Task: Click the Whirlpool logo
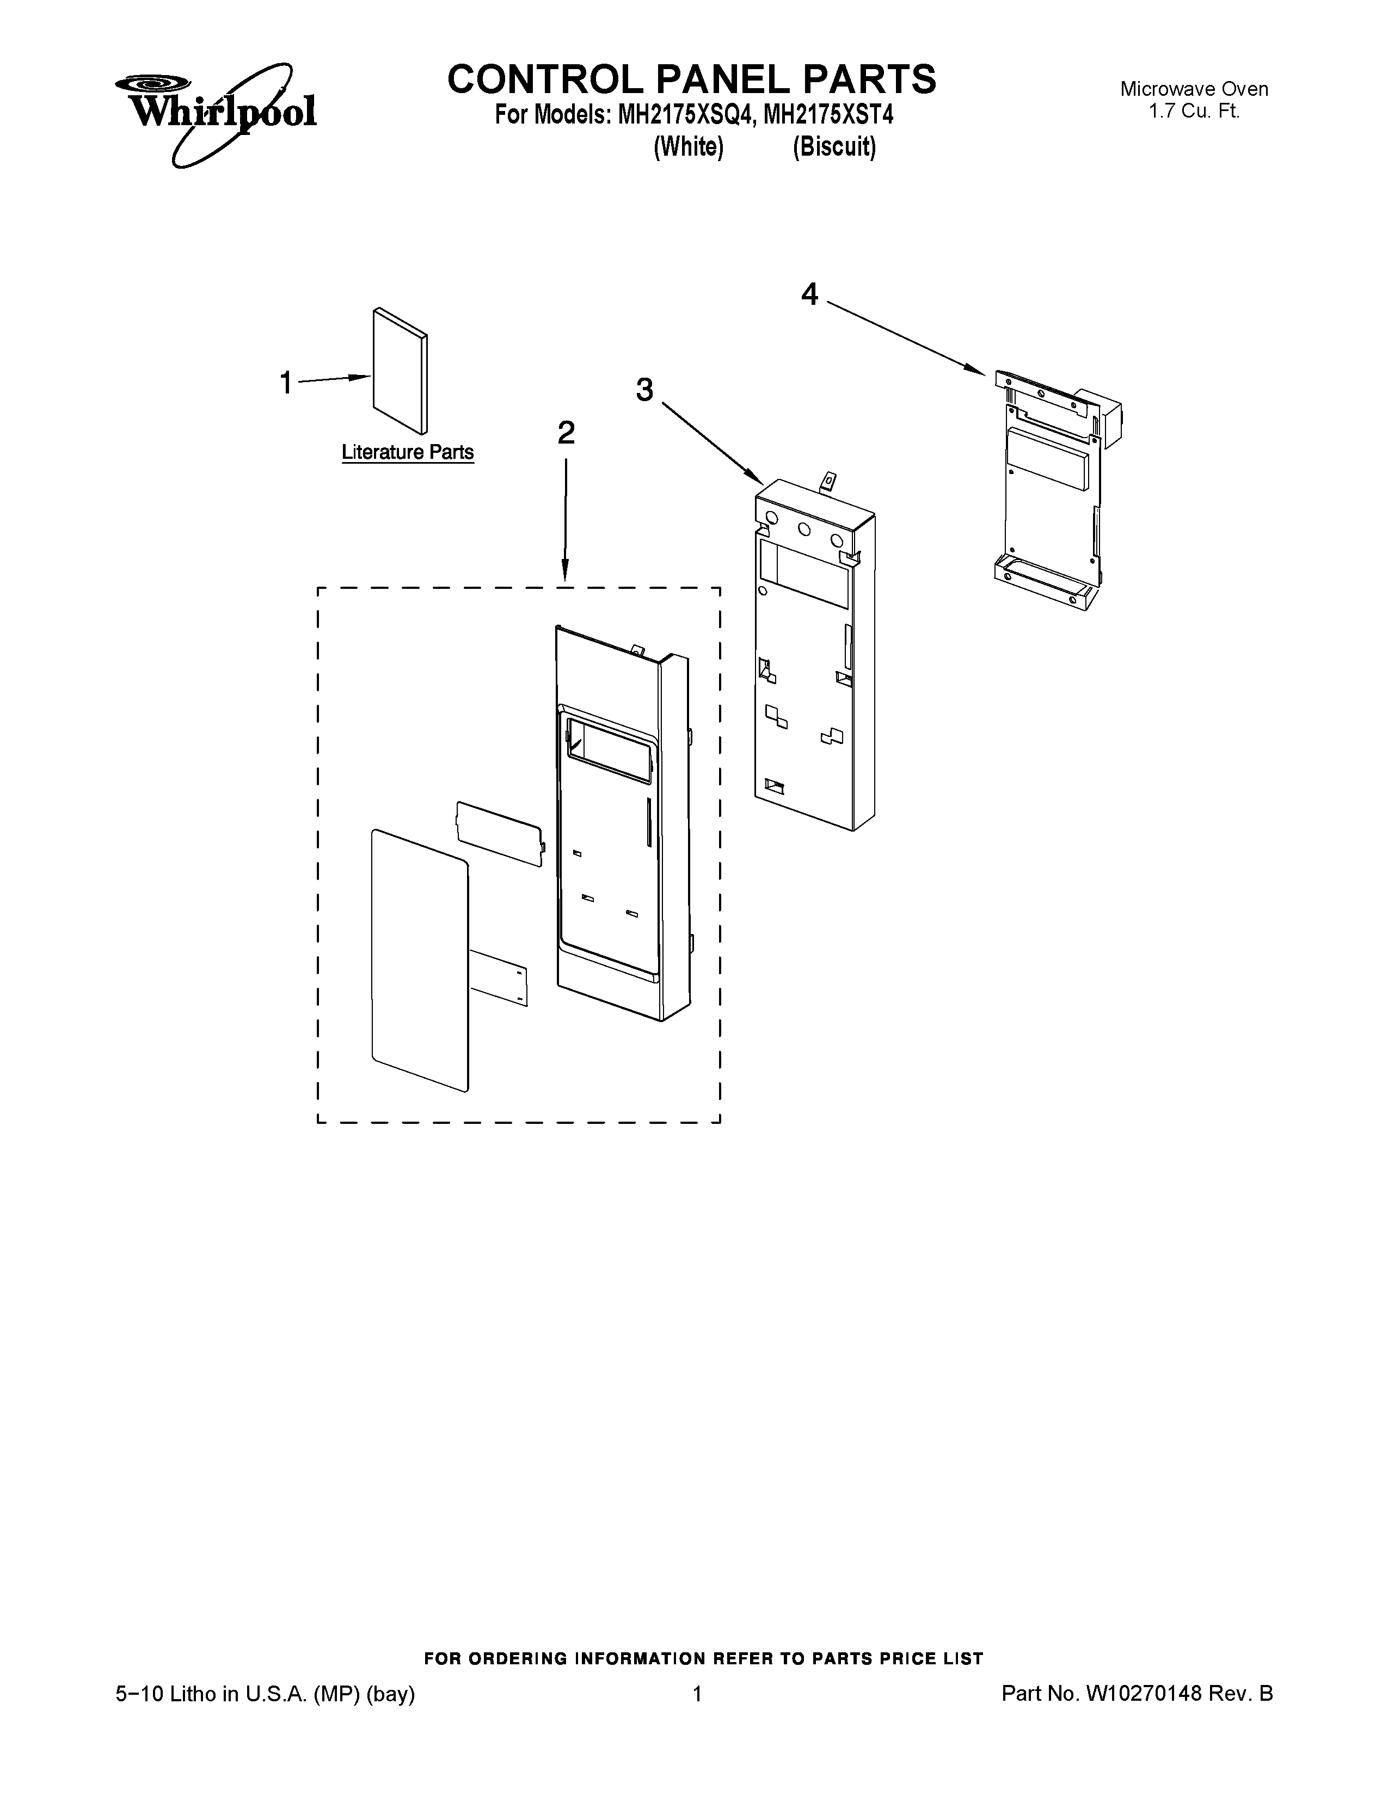click(216, 113)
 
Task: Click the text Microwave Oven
click(1194, 89)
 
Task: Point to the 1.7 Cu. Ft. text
click(1194, 111)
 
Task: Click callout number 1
click(285, 383)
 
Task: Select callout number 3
click(644, 390)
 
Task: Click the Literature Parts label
click(407, 452)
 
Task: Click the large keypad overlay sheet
click(419, 962)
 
